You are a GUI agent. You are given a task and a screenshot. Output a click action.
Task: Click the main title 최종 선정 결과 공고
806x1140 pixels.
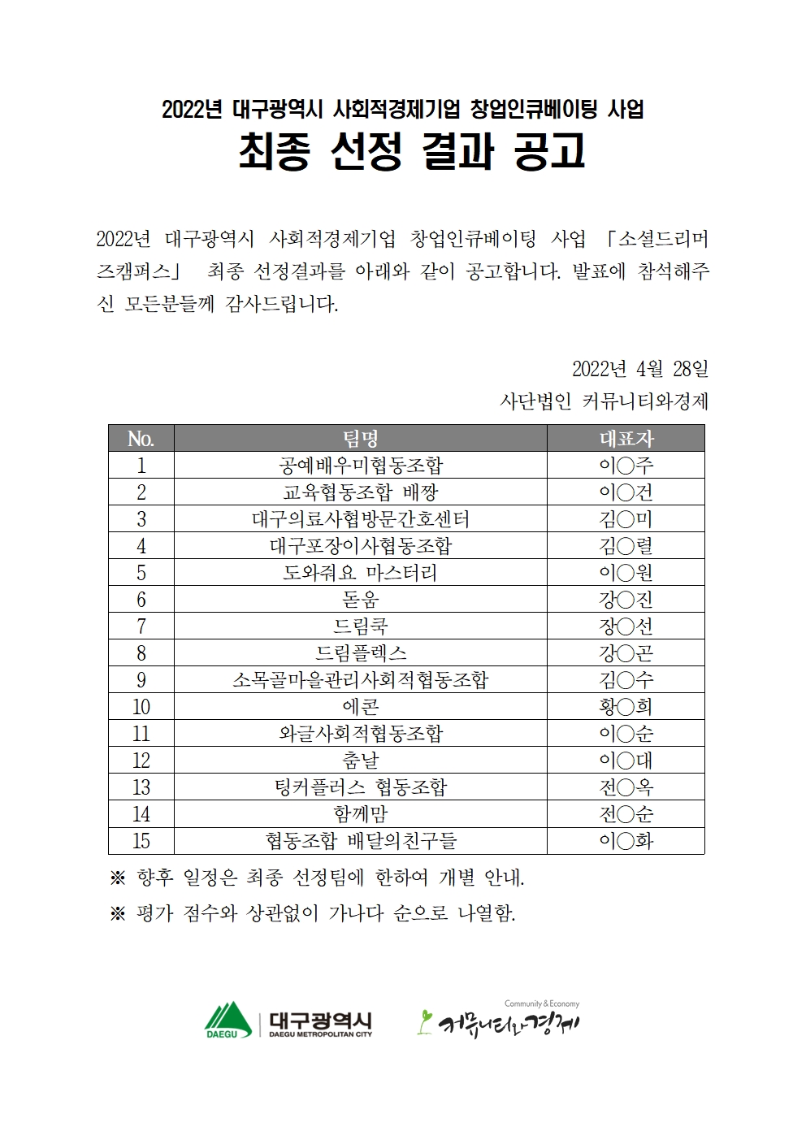411,151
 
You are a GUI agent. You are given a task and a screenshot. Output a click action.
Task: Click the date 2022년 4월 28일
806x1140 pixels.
640,369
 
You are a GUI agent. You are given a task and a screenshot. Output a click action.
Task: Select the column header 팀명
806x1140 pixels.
361,439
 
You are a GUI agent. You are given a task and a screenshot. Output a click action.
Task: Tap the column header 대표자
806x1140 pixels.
626,439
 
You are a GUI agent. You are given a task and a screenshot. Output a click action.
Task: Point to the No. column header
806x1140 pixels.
141,439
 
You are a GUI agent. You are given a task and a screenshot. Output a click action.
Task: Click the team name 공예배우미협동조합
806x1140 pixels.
361,466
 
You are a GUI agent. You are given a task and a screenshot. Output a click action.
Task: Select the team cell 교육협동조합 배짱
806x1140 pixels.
361,492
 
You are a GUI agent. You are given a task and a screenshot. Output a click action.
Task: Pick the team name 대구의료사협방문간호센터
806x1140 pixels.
361,519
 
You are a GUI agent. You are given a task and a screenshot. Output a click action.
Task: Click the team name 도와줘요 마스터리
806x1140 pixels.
361,573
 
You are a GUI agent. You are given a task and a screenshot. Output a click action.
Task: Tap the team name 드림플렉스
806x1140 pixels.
361,653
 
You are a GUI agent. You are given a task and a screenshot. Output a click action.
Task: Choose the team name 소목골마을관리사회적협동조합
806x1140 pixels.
361,680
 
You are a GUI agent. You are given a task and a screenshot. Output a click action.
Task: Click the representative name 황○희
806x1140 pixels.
626,707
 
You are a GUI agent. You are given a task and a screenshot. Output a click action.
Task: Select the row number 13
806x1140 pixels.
141,787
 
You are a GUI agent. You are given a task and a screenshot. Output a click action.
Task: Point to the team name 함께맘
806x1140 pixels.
361,814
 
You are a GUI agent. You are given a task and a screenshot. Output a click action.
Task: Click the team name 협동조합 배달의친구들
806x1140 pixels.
361,841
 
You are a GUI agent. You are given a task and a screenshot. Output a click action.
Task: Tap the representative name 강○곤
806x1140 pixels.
626,653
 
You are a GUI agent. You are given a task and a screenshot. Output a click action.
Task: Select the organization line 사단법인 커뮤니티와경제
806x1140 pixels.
604,401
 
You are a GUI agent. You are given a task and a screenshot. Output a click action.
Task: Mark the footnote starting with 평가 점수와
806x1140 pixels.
313,913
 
